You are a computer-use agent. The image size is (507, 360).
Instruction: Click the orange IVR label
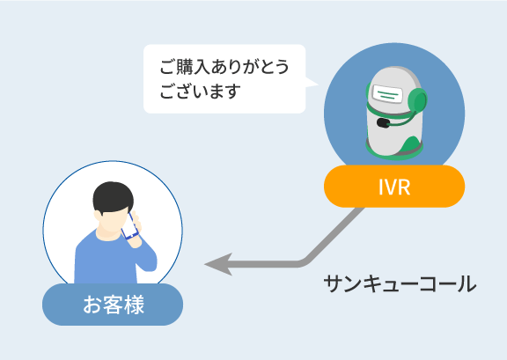coord(394,187)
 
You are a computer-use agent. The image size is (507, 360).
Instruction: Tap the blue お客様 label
coord(113,305)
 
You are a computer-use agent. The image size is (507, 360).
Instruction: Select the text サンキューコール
coord(400,284)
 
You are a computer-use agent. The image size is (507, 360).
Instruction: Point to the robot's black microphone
coord(383,122)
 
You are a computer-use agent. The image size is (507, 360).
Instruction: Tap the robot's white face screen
coord(387,94)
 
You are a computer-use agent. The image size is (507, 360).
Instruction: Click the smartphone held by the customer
coord(130,226)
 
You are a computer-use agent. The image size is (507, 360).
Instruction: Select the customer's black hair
coord(113,197)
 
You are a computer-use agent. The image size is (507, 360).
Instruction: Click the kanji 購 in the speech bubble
coord(185,67)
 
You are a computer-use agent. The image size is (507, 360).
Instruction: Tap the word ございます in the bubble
coord(201,92)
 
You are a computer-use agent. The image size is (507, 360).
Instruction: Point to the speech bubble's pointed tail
coord(312,82)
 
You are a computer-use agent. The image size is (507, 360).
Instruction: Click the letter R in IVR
coord(404,187)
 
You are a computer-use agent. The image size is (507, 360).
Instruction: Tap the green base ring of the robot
coord(394,151)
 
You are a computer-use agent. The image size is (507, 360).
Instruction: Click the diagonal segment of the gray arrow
coord(334,234)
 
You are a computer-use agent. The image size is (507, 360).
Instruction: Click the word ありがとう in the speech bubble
coord(250,67)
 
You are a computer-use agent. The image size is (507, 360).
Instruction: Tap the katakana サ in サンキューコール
coord(334,284)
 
